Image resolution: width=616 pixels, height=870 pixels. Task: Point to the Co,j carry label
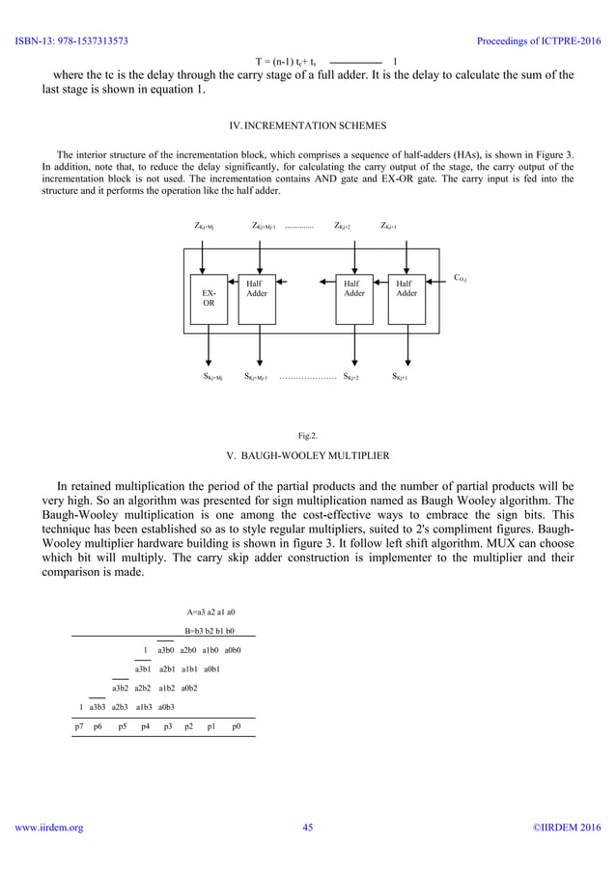click(461, 278)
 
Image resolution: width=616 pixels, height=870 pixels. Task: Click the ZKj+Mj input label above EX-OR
click(204, 226)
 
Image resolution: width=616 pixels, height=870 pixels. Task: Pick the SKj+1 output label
click(400, 377)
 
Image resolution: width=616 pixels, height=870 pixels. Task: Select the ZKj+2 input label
click(342, 226)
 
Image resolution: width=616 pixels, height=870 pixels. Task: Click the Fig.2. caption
click(308, 436)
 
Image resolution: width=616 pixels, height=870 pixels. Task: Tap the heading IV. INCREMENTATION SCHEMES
click(307, 125)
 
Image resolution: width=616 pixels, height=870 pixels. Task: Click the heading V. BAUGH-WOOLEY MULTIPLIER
click(307, 453)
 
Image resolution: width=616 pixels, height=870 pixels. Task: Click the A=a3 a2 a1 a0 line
click(210, 612)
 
